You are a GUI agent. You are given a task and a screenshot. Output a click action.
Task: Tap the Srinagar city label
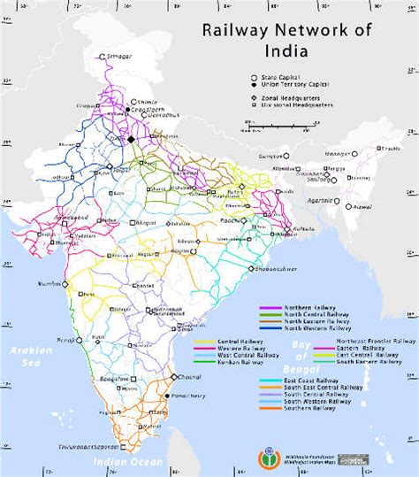click(x=118, y=56)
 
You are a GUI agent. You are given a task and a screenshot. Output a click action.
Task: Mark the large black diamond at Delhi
click(x=131, y=139)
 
